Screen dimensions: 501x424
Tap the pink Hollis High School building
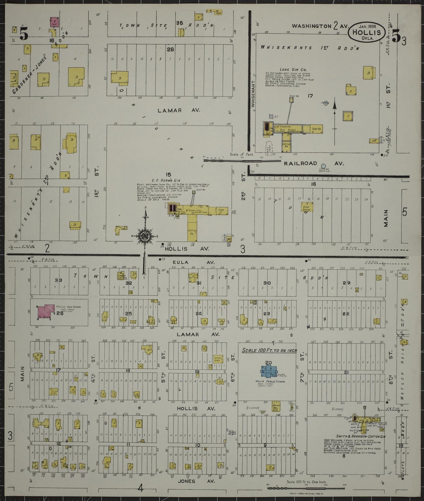pos(46,312)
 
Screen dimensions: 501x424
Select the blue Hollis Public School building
pos(268,371)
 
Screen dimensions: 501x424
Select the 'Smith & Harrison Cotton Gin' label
pos(355,437)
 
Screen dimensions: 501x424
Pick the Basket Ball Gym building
pos(276,407)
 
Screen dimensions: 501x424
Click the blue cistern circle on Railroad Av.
pos(323,166)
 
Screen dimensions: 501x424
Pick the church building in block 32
pos(121,276)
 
